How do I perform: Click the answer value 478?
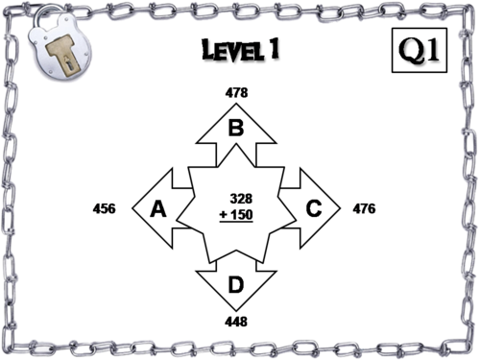[236, 93]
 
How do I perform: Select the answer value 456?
[104, 208]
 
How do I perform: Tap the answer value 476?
[364, 208]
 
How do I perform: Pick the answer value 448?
[236, 322]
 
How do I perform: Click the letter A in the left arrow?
[158, 208]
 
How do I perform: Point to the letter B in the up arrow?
[236, 128]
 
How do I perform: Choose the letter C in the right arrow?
[314, 208]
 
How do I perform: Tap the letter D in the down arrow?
[236, 284]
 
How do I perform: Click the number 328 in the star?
[241, 199]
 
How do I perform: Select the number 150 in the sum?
[242, 214]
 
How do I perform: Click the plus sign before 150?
[224, 215]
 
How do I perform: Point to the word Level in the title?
[233, 51]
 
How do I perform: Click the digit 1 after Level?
[275, 49]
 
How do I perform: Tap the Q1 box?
[420, 50]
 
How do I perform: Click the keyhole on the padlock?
[67, 61]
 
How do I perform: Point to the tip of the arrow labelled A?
[132, 208]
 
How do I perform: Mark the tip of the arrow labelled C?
[340, 208]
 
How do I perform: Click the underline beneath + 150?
[236, 222]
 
